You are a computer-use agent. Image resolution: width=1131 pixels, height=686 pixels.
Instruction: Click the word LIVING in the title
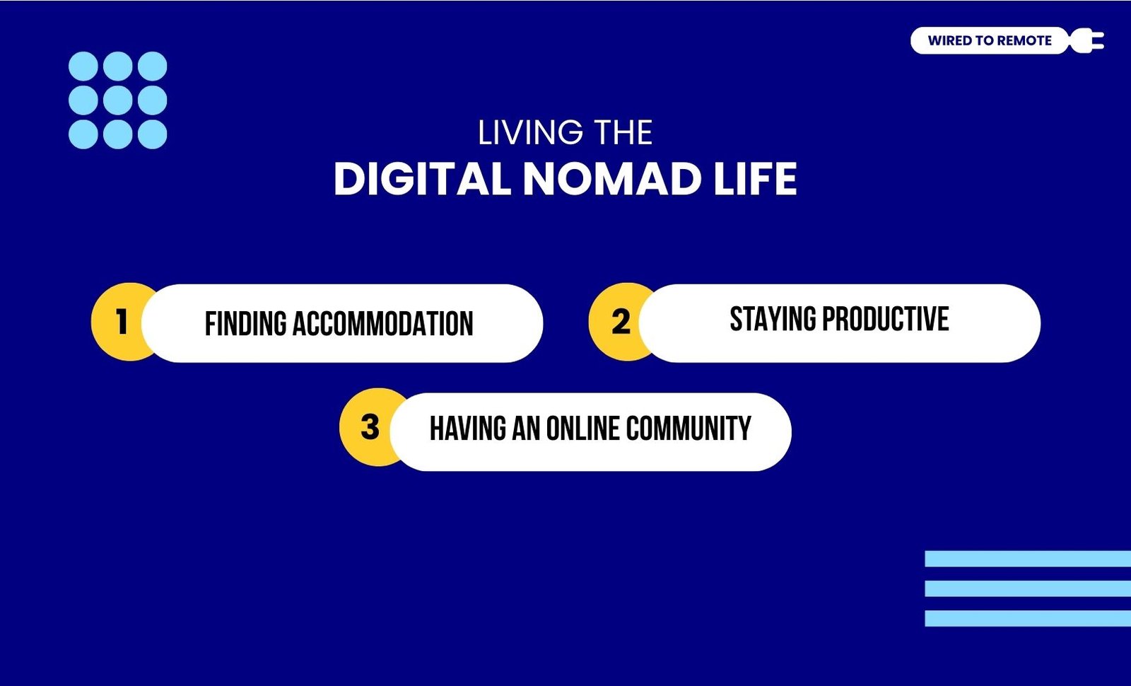coord(530,132)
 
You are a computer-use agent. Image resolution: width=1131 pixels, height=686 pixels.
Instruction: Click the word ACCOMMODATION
coord(382,324)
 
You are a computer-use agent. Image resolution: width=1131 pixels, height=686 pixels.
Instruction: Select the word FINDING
coord(246,324)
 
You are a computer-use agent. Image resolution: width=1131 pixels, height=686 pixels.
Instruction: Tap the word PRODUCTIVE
coord(886,319)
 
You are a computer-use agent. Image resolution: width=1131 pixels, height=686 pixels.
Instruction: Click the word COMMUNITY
coord(688,429)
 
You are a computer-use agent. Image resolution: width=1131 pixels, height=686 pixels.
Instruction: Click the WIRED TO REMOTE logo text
coord(990,40)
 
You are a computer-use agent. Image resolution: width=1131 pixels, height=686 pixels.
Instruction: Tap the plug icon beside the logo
coord(1086,40)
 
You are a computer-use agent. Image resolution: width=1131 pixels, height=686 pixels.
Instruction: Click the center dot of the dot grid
coord(117,100)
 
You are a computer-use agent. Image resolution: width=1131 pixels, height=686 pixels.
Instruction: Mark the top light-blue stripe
coord(1028,559)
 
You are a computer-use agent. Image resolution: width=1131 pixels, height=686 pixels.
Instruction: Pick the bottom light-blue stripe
coord(1028,618)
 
